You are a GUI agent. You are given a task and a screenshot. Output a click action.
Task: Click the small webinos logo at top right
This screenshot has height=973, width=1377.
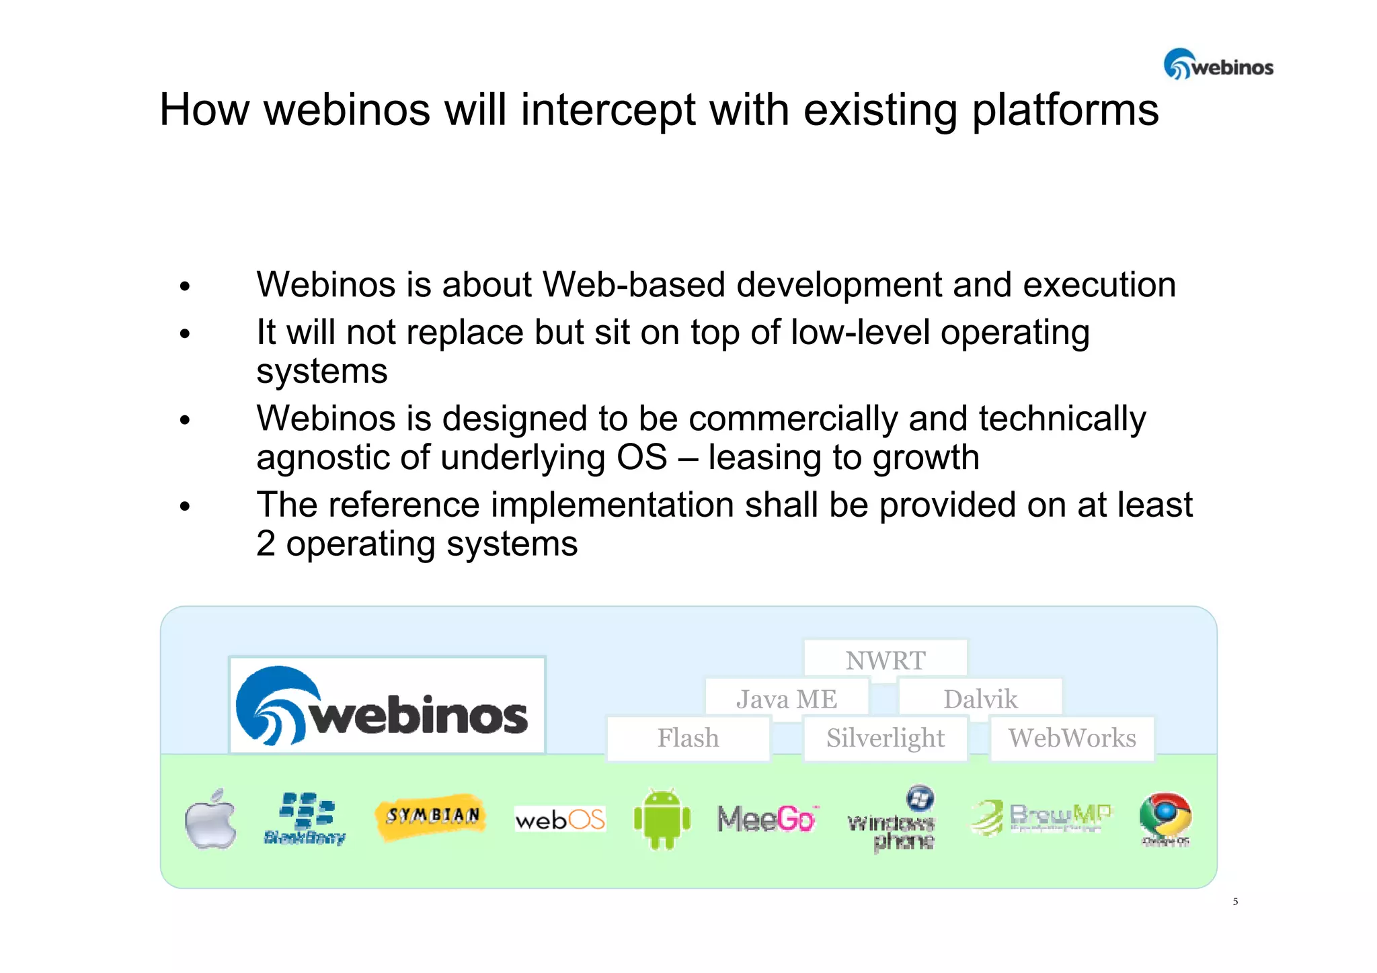1218,65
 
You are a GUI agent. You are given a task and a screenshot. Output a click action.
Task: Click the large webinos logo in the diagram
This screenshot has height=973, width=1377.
387,706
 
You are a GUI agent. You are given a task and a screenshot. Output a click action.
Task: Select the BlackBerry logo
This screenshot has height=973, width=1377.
305,818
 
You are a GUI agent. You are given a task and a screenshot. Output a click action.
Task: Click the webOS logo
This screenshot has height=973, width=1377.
559,819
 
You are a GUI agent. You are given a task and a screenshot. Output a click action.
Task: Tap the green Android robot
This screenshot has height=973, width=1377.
662,818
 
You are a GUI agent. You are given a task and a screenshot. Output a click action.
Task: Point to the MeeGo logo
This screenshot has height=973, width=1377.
766,818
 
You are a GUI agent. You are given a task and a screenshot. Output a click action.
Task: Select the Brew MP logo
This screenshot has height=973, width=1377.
1040,817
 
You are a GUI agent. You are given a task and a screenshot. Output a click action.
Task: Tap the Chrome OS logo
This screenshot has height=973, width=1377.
1165,818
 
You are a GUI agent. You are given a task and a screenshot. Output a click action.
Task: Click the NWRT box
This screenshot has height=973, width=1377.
885,659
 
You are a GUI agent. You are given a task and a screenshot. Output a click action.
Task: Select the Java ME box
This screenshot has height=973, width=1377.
787,698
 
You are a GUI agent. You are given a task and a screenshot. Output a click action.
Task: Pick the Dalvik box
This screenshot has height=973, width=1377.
980,698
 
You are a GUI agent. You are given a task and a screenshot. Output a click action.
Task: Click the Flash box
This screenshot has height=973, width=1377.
688,737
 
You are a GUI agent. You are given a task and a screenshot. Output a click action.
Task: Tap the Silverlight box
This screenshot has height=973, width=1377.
885,737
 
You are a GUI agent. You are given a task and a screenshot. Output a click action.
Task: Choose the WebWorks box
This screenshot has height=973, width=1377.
1072,737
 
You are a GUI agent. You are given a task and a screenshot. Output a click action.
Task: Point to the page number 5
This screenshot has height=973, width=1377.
1235,901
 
